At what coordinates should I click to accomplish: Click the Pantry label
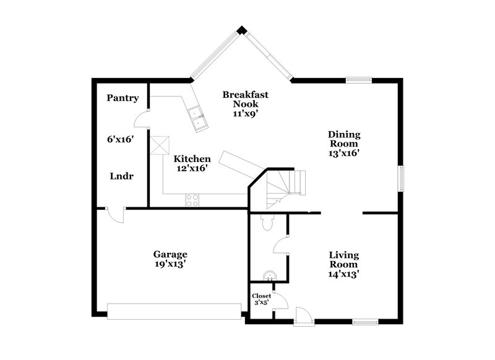click(122, 98)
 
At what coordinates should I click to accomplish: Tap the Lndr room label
click(122, 176)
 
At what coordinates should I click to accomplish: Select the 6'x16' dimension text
click(121, 140)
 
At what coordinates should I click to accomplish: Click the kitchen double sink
click(200, 118)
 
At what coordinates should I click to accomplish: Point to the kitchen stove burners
click(192, 200)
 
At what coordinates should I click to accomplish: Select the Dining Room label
click(344, 139)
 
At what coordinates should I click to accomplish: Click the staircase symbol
click(285, 184)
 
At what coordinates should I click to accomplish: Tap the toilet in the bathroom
click(267, 223)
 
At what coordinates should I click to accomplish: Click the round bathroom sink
click(269, 275)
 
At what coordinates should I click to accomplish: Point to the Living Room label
click(344, 260)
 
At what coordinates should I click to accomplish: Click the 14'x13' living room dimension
click(344, 273)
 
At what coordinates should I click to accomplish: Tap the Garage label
click(170, 254)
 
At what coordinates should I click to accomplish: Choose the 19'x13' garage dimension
click(170, 265)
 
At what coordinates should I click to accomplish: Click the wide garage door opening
click(174, 311)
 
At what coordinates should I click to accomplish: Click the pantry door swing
click(142, 116)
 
